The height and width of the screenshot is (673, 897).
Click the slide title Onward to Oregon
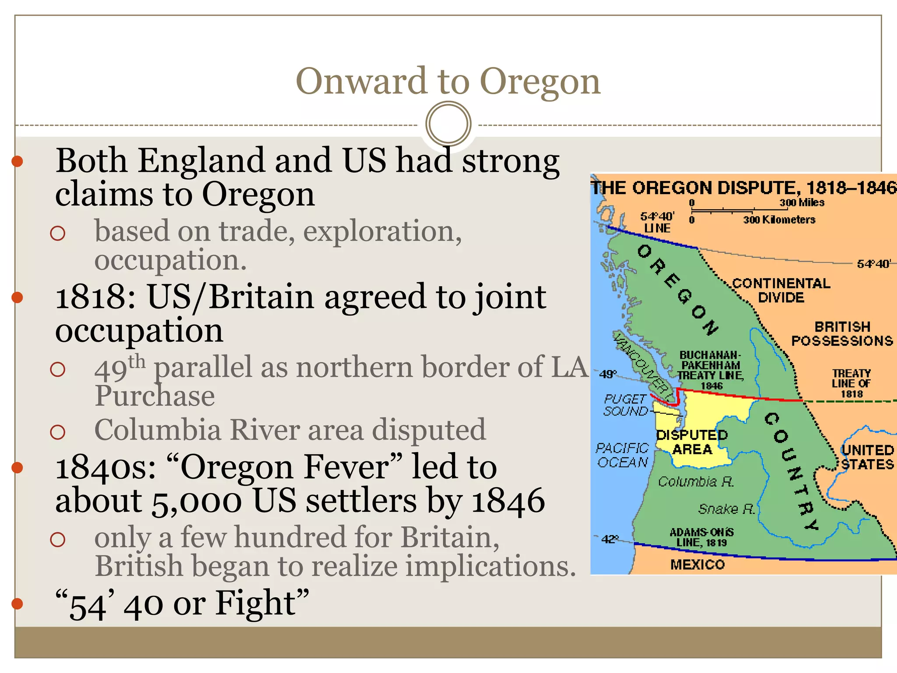(x=448, y=81)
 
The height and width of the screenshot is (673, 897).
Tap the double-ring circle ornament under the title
(x=448, y=124)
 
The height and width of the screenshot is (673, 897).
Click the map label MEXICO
(x=697, y=564)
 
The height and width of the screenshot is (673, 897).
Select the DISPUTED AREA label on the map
(x=692, y=442)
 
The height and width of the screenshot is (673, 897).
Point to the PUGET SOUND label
(x=625, y=405)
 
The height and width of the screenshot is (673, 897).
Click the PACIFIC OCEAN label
(x=622, y=455)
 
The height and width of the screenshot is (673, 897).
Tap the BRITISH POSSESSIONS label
(x=842, y=333)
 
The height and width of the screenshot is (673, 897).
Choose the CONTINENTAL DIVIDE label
(x=781, y=290)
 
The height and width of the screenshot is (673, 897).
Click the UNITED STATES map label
(x=867, y=457)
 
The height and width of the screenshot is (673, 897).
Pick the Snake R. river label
(x=727, y=509)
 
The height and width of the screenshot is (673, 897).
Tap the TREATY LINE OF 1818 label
(x=851, y=383)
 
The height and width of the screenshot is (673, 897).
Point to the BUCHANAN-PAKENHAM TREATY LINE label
(x=710, y=370)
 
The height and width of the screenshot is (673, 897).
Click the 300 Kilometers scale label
(x=779, y=220)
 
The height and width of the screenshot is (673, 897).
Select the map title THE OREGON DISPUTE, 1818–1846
(x=744, y=188)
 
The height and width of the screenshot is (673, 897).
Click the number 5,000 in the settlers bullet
(x=197, y=501)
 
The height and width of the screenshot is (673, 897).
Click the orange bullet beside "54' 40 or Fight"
(x=17, y=604)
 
